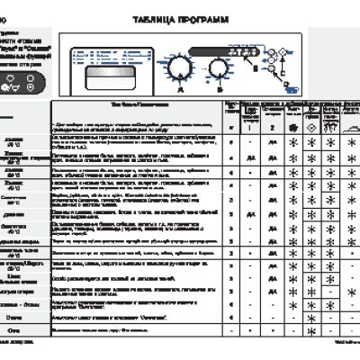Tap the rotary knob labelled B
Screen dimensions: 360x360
point(218,67)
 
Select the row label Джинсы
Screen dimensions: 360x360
point(14,214)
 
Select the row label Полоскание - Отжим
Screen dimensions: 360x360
point(14,305)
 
